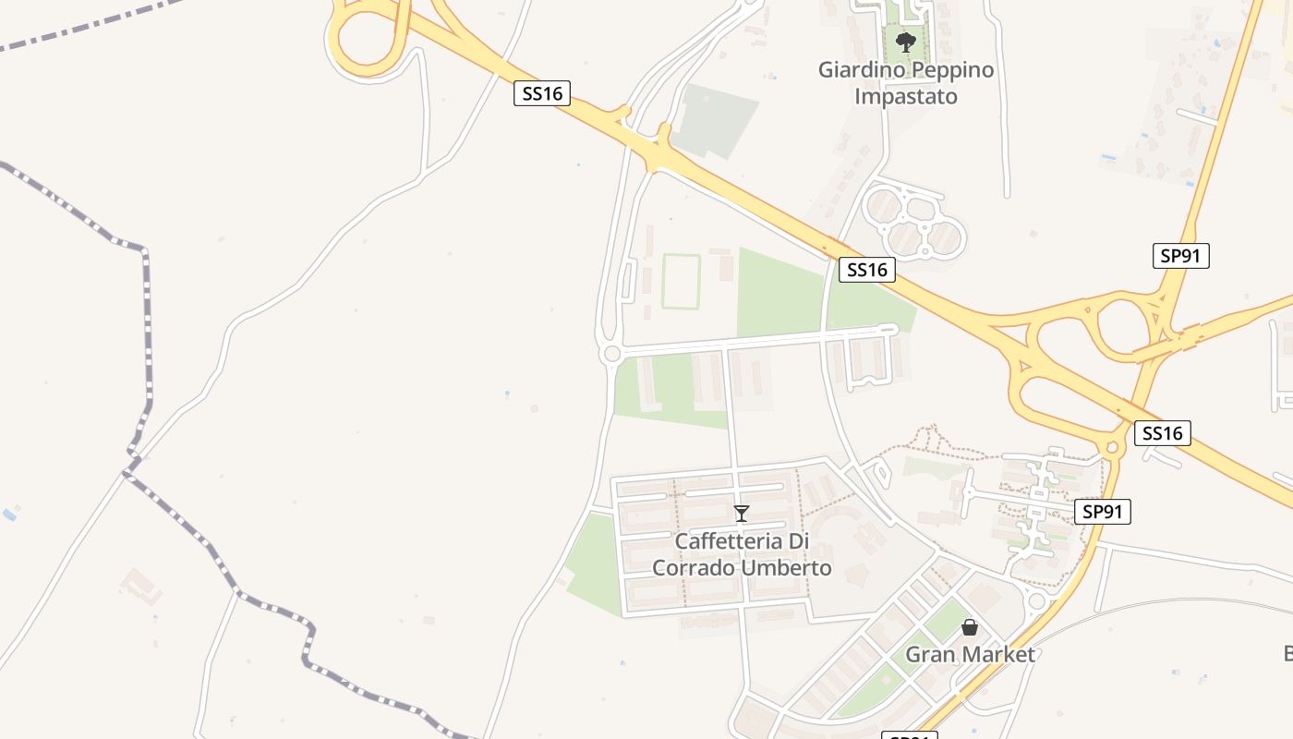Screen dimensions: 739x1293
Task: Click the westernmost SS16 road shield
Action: tap(542, 93)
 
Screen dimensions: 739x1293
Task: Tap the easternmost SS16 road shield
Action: tap(1162, 433)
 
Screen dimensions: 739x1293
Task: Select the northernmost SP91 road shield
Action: tap(1180, 256)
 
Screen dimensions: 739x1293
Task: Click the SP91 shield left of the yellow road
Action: tap(1103, 512)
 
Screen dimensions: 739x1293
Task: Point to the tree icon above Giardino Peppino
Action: tap(906, 42)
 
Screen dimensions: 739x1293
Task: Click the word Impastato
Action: tap(906, 96)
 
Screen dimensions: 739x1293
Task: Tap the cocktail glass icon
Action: tap(741, 514)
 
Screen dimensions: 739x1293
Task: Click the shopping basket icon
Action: tap(970, 628)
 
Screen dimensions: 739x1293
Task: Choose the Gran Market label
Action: tap(970, 654)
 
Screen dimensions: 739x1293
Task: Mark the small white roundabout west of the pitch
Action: tap(610, 354)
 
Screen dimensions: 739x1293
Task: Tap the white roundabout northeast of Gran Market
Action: tap(1036, 601)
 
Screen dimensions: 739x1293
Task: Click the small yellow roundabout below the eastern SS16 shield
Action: tap(1111, 449)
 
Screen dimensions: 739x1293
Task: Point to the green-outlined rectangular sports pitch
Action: tap(681, 282)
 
